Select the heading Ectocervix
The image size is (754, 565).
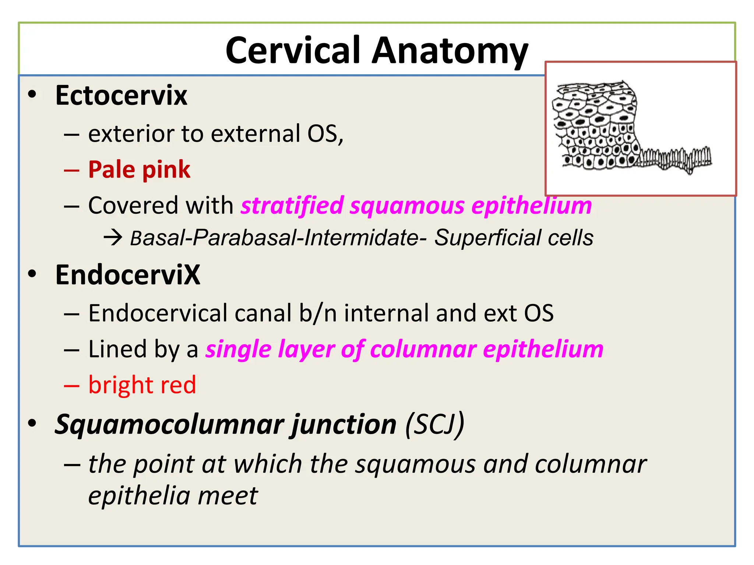point(121,95)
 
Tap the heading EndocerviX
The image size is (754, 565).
point(127,275)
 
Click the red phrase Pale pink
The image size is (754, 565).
point(139,170)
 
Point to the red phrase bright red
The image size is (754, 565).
point(142,385)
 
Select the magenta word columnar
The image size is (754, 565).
point(423,349)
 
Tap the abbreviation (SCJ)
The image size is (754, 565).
point(434,424)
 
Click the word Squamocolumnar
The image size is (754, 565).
point(169,424)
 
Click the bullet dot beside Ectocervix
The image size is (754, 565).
point(32,95)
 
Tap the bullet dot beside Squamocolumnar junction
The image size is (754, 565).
point(32,423)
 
